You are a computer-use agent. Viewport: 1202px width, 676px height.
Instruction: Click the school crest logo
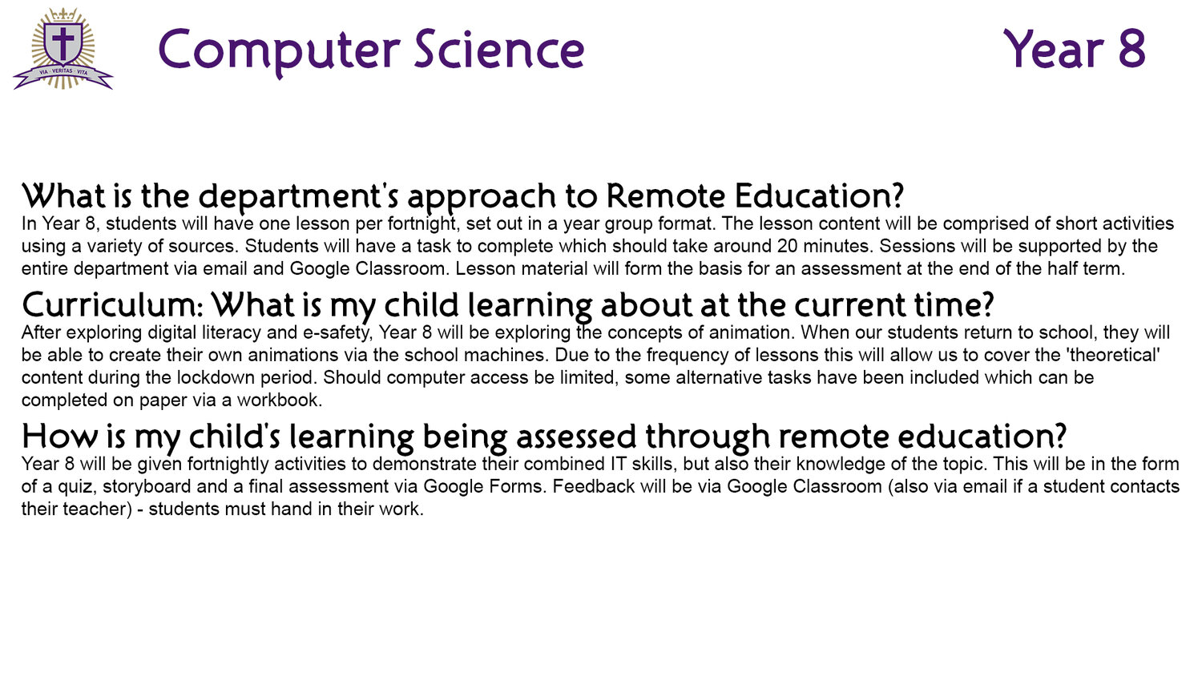click(x=63, y=48)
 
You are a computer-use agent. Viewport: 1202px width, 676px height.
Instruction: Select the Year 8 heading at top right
click(x=1075, y=49)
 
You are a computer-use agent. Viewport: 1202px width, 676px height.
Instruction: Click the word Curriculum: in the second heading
click(x=112, y=304)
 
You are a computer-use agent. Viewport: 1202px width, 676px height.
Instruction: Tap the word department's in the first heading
click(x=298, y=196)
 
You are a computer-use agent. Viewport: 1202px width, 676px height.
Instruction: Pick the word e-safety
click(x=337, y=333)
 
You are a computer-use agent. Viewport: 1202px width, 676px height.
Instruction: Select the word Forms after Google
click(x=517, y=487)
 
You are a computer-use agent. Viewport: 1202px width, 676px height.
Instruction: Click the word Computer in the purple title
click(x=279, y=52)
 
